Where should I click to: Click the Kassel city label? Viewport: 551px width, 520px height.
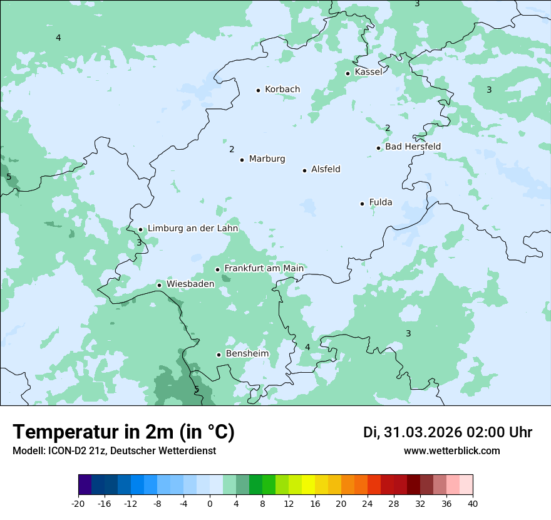(x=368, y=72)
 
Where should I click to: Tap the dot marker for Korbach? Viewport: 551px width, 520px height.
(x=258, y=90)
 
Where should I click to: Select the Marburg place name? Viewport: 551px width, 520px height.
(x=267, y=159)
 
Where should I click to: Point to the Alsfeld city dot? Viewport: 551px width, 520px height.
(x=305, y=170)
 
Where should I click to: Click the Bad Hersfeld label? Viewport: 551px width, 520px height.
(x=413, y=147)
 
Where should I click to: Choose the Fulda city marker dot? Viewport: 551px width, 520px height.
(x=362, y=204)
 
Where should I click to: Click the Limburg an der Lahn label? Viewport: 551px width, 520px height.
(x=192, y=229)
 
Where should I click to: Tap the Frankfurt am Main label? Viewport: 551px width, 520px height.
(x=264, y=268)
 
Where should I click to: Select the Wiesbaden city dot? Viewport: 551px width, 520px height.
(x=160, y=285)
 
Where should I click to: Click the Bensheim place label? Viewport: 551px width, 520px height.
(x=247, y=353)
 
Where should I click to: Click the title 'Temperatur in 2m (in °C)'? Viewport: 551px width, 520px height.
(x=123, y=432)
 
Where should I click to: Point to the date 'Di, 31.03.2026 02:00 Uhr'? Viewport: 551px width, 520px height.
(x=448, y=432)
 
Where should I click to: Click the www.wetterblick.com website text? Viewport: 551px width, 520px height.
(x=451, y=451)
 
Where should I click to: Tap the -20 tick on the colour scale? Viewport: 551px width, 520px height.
(x=78, y=504)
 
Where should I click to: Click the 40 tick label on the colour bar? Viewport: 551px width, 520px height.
(x=473, y=504)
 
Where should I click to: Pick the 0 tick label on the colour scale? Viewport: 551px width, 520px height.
(x=210, y=504)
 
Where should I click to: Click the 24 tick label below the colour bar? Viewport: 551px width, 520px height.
(x=368, y=504)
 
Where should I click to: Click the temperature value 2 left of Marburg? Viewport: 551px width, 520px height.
(x=232, y=149)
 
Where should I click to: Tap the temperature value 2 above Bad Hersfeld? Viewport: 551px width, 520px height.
(x=388, y=128)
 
